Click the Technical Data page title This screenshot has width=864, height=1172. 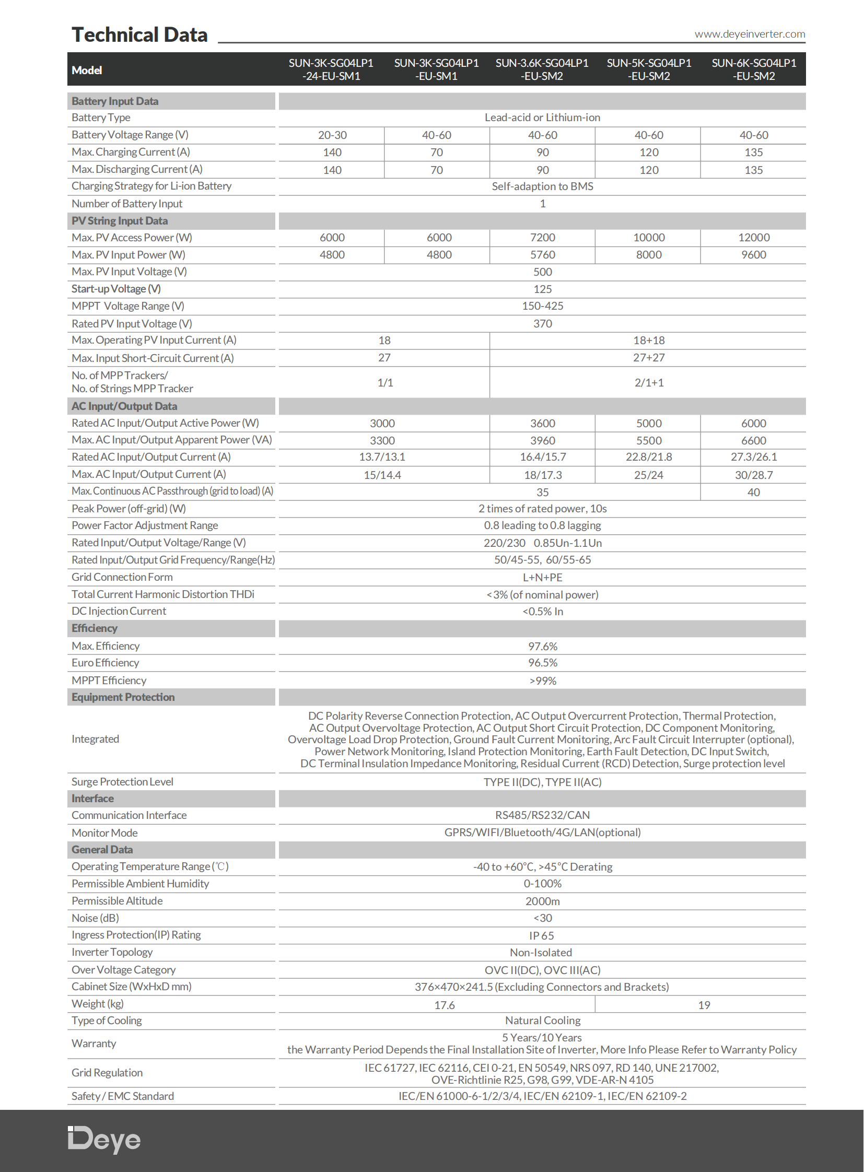pos(139,35)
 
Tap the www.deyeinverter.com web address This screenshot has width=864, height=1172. pos(750,34)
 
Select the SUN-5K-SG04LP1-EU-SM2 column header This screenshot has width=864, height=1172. pos(649,69)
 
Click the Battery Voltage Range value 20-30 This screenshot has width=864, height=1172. pos(332,135)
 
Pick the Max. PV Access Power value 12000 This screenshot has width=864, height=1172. pos(754,238)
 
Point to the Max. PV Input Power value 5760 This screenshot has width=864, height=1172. pos(542,255)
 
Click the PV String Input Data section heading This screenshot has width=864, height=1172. pos(120,221)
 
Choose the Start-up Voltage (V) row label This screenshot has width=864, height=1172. pos(116,289)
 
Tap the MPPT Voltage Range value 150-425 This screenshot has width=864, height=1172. pos(542,306)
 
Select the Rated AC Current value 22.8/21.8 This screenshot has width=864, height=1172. pos(649,457)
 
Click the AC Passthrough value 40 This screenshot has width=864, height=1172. pos(753,492)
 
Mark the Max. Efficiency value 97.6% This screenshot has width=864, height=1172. pos(542,647)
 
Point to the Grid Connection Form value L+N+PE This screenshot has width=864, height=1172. pos(542,577)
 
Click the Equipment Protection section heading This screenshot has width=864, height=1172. pos(123,697)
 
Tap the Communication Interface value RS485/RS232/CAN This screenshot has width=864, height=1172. pos(542,815)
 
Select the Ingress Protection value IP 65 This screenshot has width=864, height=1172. pos(541,935)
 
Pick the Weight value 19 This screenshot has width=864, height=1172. pos(704,1005)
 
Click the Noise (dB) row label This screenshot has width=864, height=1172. pos(95,918)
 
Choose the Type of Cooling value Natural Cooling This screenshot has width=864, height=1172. pos(542,1021)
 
